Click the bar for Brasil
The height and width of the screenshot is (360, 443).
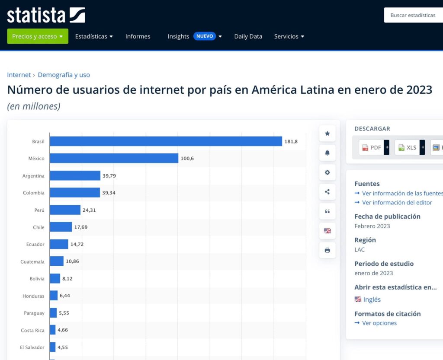pyautogui.click(x=166, y=141)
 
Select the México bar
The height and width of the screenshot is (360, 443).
pyautogui.click(x=114, y=158)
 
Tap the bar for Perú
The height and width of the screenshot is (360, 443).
pyautogui.click(x=65, y=210)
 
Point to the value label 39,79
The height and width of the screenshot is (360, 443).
pyautogui.click(x=109, y=176)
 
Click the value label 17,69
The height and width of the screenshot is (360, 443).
pyautogui.click(x=81, y=227)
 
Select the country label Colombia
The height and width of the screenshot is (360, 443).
pyautogui.click(x=34, y=193)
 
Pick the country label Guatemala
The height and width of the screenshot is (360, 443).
pyautogui.click(x=32, y=261)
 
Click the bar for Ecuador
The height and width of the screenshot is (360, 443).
pyautogui.click(x=59, y=244)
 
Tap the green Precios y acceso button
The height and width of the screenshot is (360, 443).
pyautogui.click(x=38, y=36)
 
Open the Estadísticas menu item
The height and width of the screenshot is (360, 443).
pyautogui.click(x=94, y=36)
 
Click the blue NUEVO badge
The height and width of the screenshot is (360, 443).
pyautogui.click(x=205, y=36)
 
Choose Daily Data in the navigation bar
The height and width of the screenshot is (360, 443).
pyautogui.click(x=248, y=36)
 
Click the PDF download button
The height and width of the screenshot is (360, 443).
pyautogui.click(x=372, y=147)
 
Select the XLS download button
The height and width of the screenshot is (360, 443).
pyautogui.click(x=407, y=147)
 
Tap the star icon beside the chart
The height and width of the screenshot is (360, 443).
pyautogui.click(x=327, y=134)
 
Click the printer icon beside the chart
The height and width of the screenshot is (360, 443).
pyautogui.click(x=327, y=250)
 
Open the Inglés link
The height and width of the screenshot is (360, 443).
pyautogui.click(x=372, y=299)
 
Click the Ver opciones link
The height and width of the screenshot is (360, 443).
pyautogui.click(x=379, y=323)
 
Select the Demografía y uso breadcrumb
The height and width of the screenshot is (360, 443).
pyautogui.click(x=64, y=75)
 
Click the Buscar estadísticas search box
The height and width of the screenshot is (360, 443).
pyautogui.click(x=413, y=15)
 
